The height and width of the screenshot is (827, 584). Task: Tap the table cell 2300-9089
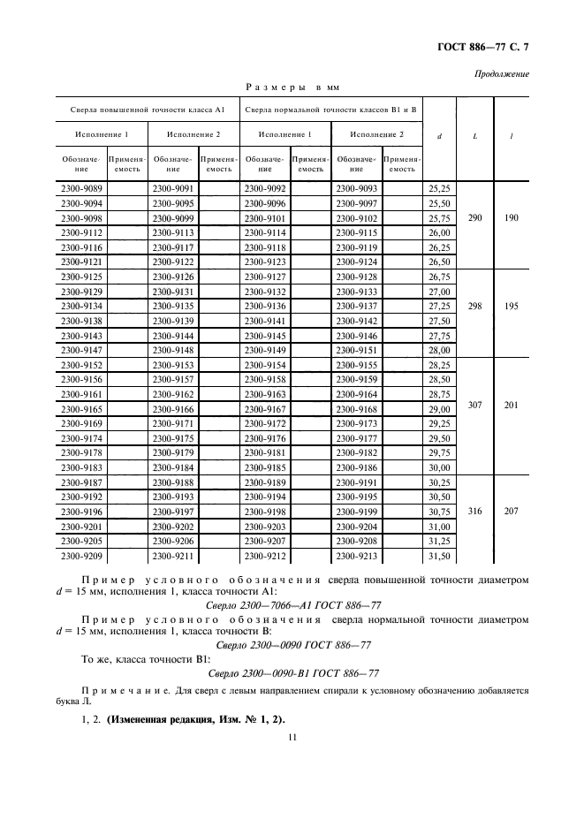[80, 188]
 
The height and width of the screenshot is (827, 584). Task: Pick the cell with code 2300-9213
[357, 556]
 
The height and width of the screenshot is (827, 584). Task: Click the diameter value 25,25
[439, 188]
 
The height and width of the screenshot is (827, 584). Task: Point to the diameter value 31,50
[439, 556]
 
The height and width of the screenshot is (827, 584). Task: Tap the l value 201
[512, 406]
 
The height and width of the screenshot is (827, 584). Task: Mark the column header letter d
[439, 136]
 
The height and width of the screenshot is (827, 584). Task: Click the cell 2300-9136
[265, 305]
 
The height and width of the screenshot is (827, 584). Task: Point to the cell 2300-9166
[173, 410]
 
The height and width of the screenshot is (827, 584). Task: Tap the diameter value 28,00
[439, 349]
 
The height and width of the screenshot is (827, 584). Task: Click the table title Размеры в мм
[291, 87]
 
